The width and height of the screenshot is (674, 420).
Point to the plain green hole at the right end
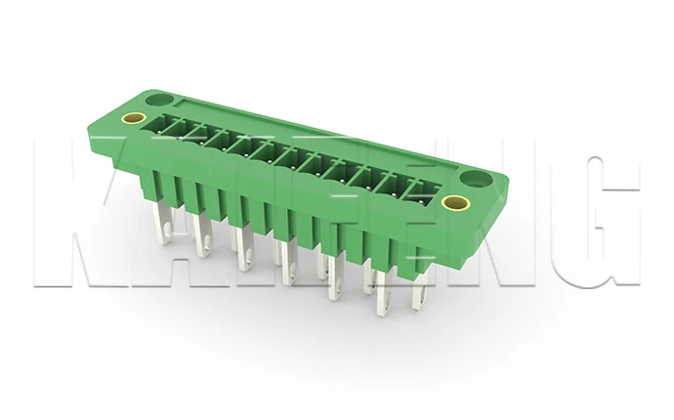point(480,179)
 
